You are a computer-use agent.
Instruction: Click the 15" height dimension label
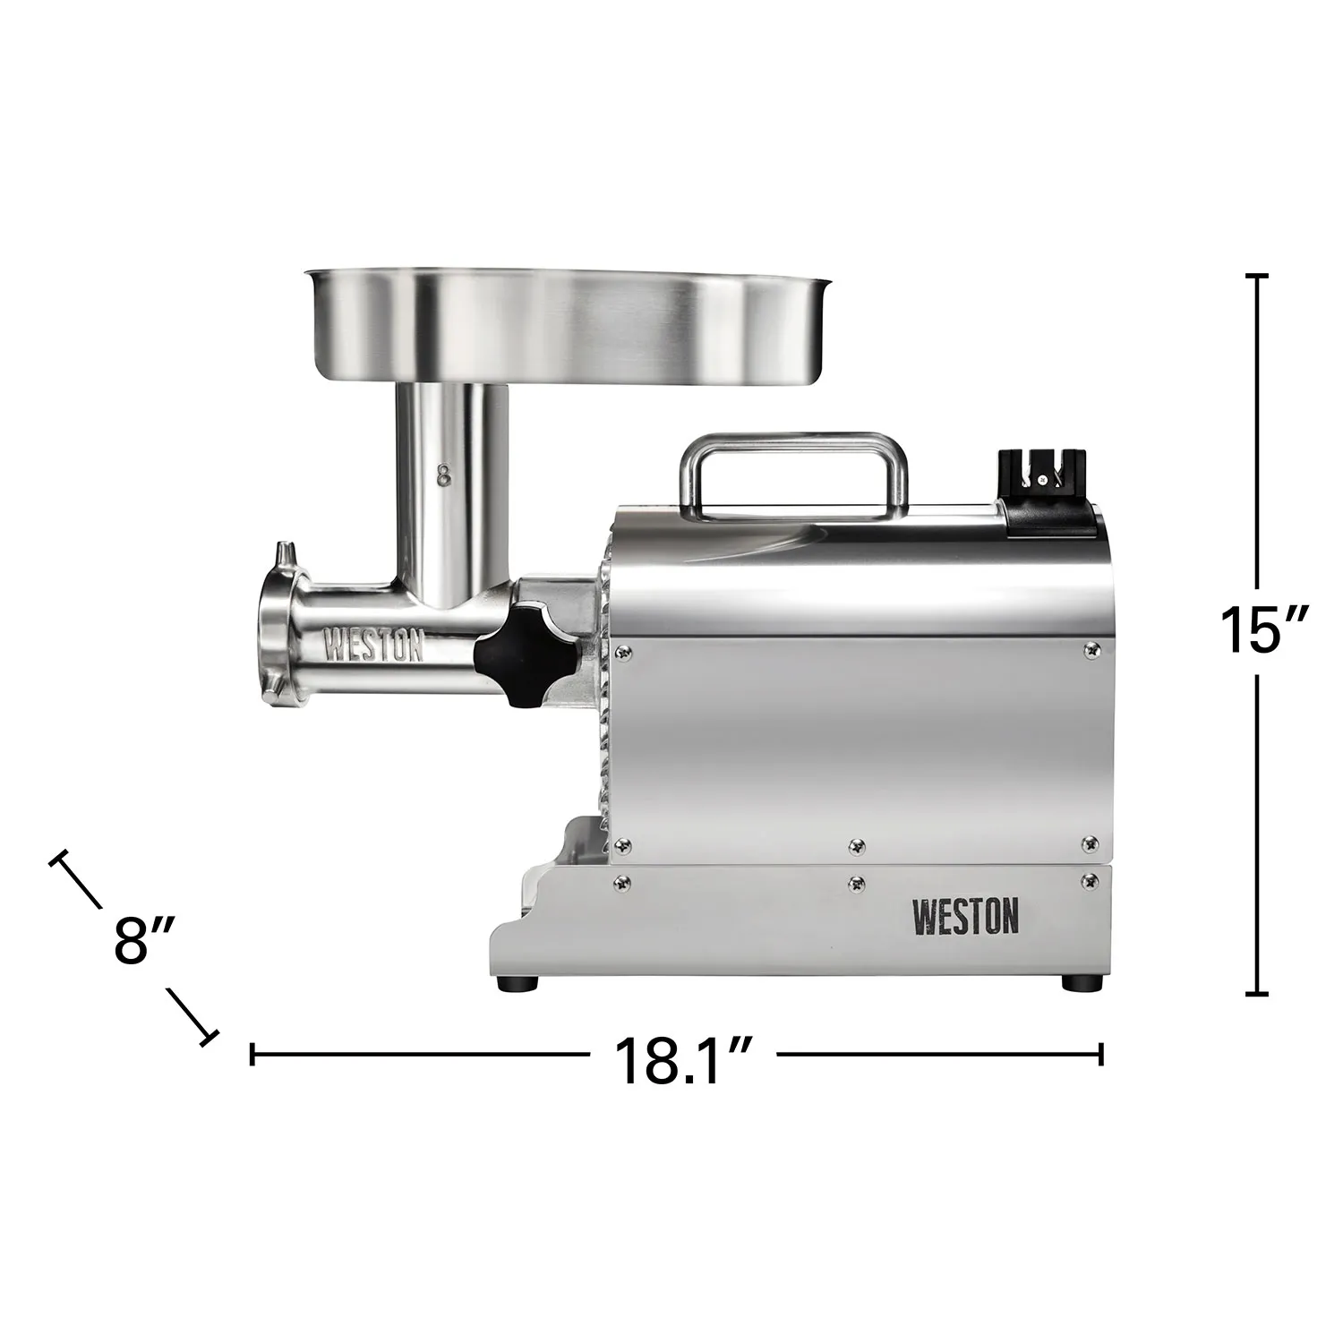pyautogui.click(x=1257, y=629)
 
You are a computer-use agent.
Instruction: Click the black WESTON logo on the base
pyautogui.click(x=964, y=918)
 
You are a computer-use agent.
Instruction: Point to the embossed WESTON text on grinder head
pyautogui.click(x=372, y=646)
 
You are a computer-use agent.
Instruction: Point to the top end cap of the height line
pyautogui.click(x=1257, y=277)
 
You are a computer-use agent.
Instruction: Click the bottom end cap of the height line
pyautogui.click(x=1257, y=993)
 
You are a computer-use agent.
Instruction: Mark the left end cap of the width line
pyautogui.click(x=253, y=1054)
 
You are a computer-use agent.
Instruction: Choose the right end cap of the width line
pyautogui.click(x=1100, y=1054)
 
